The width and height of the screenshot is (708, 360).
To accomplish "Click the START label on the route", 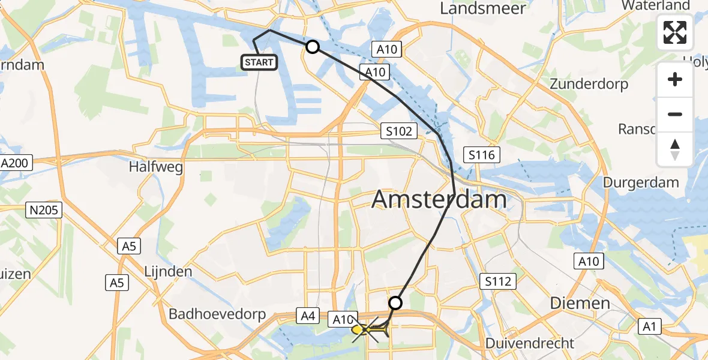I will click(259, 62).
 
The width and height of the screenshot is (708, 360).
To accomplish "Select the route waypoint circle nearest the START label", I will click(312, 47).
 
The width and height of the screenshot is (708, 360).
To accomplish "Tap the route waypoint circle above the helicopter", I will click(395, 303).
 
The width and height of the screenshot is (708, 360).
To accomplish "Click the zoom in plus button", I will click(675, 79).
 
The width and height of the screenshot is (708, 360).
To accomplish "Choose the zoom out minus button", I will click(675, 114).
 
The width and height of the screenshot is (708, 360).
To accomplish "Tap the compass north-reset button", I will click(675, 149).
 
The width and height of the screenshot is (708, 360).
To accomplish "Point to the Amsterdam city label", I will click(439, 199).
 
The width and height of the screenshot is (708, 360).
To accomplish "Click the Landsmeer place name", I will click(483, 8).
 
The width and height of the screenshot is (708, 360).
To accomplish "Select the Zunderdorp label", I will click(589, 83).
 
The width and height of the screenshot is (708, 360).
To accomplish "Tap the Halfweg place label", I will click(155, 167).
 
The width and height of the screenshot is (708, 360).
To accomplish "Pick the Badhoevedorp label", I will click(222, 314).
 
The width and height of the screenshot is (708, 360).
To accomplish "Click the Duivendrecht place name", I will click(530, 344).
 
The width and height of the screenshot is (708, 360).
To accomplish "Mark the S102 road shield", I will click(400, 131).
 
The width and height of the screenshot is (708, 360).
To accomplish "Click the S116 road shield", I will click(482, 155).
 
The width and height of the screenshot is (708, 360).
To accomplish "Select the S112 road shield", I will click(498, 280).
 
